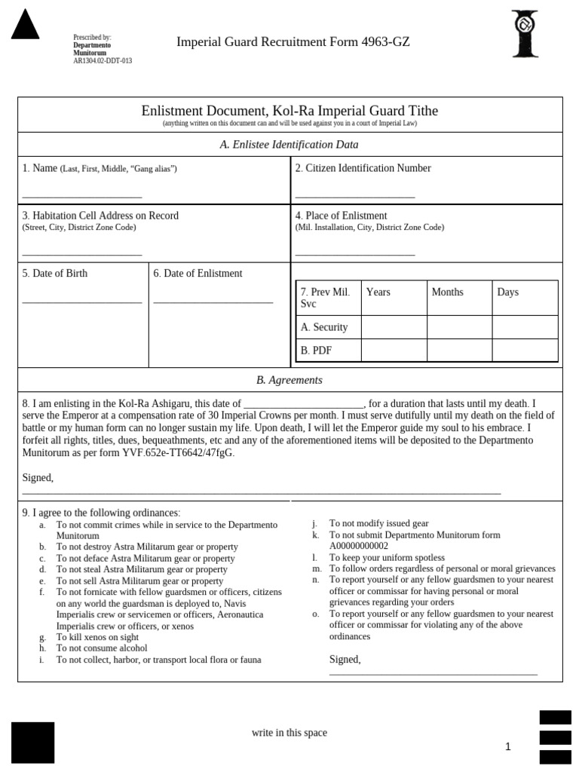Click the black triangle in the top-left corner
click(x=25, y=24)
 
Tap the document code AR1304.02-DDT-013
click(x=102, y=61)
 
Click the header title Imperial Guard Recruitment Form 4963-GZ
click(x=293, y=42)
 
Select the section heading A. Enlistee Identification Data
click(x=289, y=144)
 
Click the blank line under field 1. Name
click(x=82, y=197)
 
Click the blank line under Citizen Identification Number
click(x=355, y=197)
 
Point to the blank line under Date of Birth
click(x=82, y=302)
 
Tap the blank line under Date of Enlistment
click(x=213, y=302)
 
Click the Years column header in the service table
click(x=378, y=293)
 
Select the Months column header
click(x=448, y=293)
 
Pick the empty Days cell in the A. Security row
click(x=525, y=327)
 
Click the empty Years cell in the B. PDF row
click(x=394, y=351)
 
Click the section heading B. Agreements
click(x=289, y=380)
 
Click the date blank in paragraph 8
click(x=304, y=405)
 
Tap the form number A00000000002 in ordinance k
click(x=359, y=546)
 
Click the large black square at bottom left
click(x=32, y=743)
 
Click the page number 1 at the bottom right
click(x=508, y=746)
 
